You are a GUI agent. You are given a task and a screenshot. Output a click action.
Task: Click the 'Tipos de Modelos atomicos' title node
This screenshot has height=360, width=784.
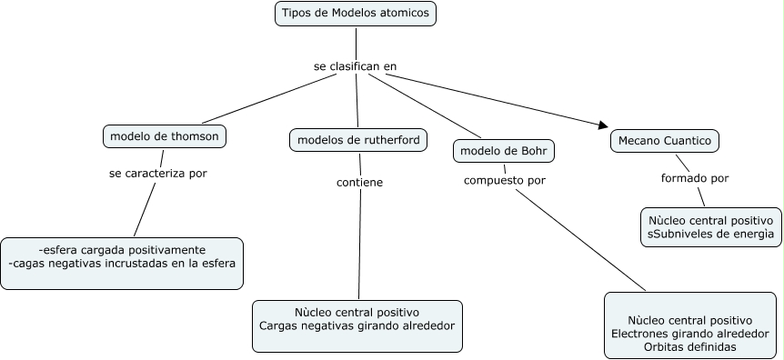click(356, 14)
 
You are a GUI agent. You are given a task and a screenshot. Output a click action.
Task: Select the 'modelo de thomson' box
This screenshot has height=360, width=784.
click(164, 136)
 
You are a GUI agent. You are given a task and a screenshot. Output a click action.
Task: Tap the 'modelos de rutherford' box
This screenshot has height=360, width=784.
click(358, 140)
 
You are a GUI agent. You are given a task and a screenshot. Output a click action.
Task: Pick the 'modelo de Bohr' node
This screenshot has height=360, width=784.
click(503, 150)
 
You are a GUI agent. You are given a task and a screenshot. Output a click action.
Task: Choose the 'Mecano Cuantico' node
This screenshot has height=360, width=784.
click(664, 141)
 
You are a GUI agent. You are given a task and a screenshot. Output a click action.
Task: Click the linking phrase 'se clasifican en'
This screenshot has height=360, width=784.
click(355, 66)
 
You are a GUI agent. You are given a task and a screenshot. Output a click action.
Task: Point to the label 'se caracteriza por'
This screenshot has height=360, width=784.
click(157, 174)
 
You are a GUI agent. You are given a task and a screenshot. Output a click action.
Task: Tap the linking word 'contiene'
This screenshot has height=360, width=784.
click(359, 182)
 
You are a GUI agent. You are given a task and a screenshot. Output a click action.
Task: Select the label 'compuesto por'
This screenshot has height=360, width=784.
click(505, 180)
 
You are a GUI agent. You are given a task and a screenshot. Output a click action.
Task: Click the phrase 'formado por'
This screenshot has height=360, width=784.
click(695, 178)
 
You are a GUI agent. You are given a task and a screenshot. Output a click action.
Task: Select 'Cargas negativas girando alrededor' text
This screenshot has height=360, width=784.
click(357, 325)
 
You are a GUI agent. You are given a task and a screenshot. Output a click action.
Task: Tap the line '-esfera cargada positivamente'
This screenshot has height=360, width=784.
click(122, 250)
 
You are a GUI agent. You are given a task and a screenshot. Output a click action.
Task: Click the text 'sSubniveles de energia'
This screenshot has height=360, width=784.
click(710, 234)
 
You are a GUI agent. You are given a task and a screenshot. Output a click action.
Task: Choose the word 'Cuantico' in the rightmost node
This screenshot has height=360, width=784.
click(689, 141)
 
